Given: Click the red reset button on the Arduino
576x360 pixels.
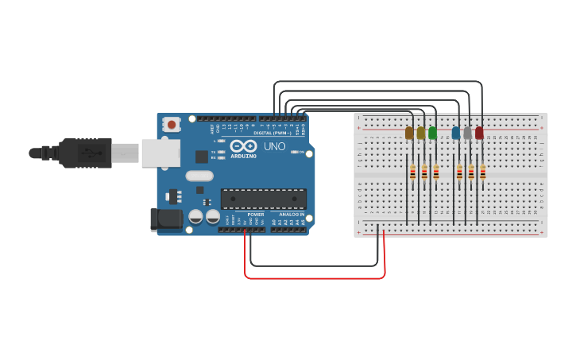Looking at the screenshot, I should (x=172, y=124).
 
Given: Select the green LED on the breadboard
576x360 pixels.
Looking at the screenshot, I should (x=432, y=133).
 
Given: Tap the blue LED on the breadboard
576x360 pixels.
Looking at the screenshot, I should (x=456, y=133).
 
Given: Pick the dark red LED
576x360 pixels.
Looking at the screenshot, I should (x=479, y=133).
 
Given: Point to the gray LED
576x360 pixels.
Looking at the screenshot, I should (x=468, y=133).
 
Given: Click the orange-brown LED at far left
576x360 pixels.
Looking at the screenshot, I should (x=409, y=133).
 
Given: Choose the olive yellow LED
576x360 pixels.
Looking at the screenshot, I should (x=421, y=133).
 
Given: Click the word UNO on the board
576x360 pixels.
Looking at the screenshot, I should (x=274, y=147).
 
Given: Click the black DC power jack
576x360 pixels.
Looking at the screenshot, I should (x=166, y=219).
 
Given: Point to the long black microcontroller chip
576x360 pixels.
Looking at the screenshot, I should (x=263, y=199).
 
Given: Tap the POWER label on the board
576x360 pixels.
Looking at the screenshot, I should (x=256, y=215).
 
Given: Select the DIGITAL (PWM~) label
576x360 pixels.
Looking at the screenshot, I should (x=271, y=133).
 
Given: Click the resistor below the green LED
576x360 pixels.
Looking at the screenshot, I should (x=435, y=172).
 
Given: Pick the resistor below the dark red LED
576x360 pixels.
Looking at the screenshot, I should (x=482, y=172).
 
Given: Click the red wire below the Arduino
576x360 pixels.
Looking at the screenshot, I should (x=318, y=277).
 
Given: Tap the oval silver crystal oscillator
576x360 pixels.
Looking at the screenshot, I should (x=199, y=176).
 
